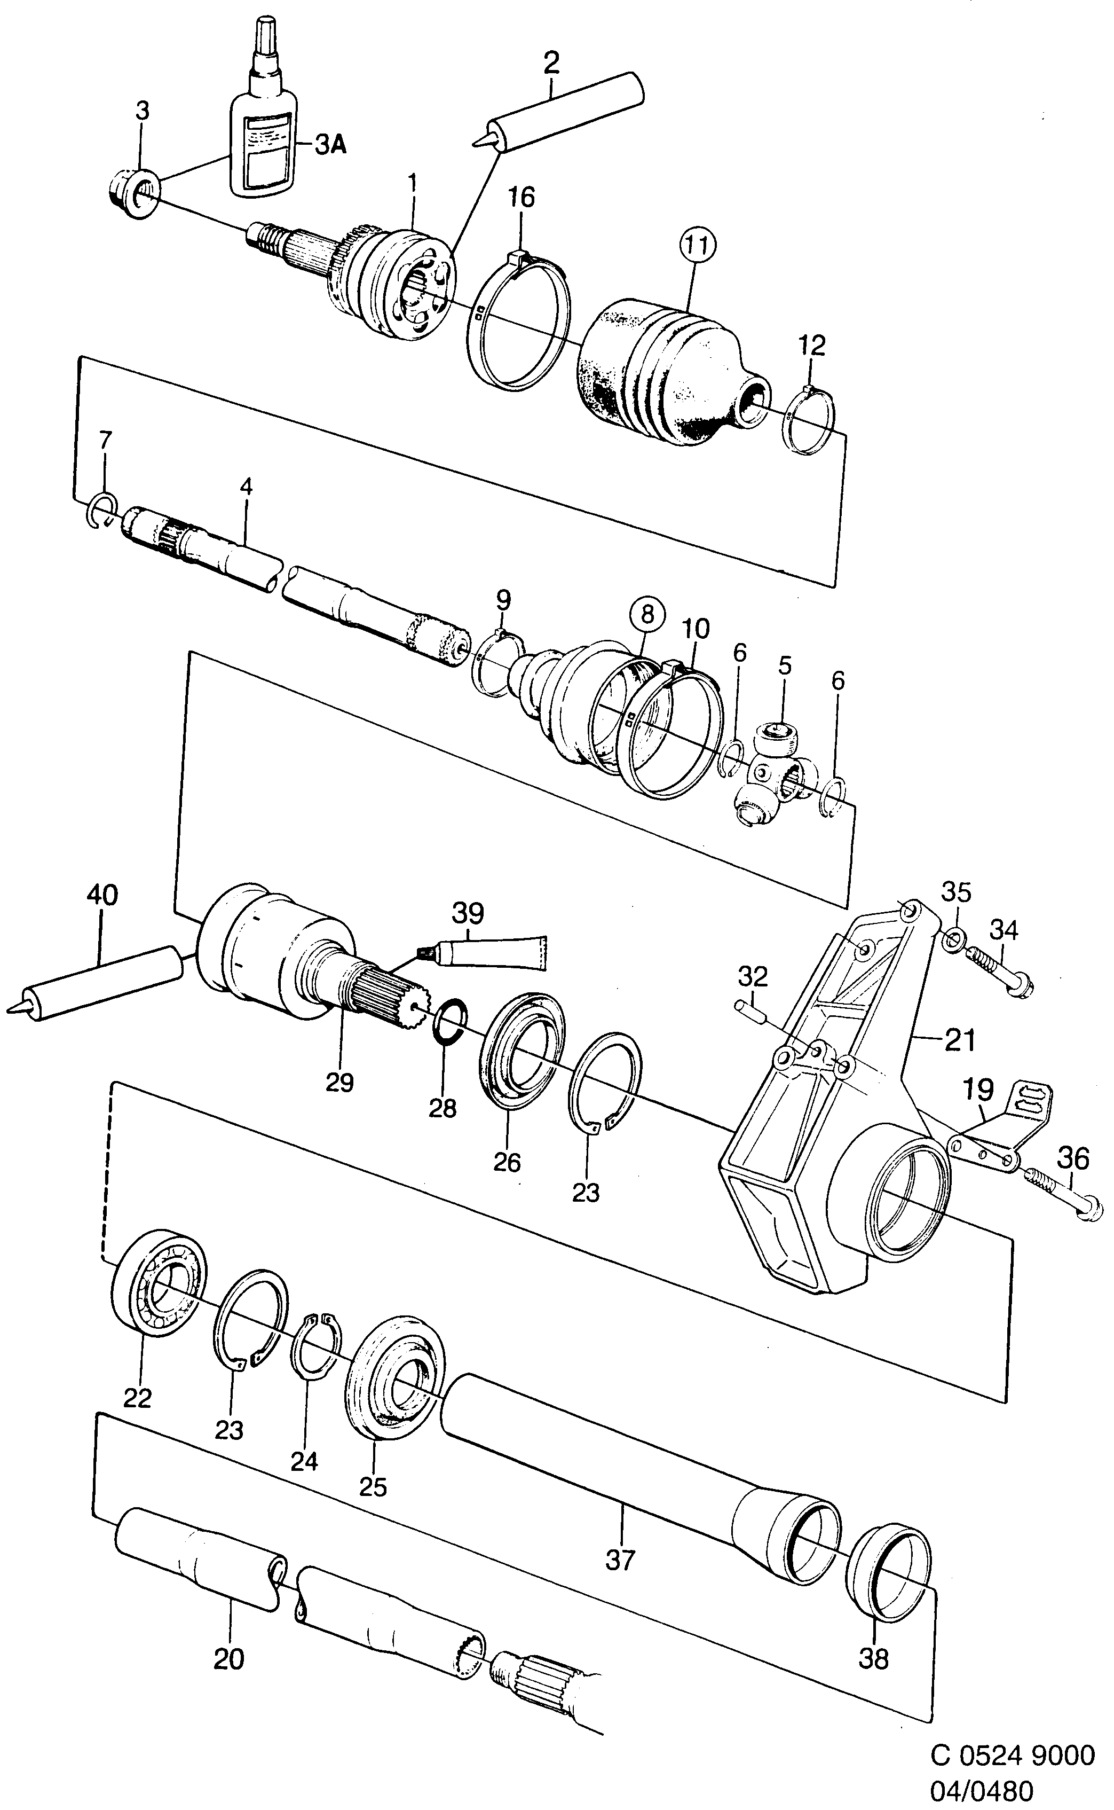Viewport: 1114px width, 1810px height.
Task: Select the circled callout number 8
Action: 646,614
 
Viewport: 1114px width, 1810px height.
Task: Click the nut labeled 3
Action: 132,193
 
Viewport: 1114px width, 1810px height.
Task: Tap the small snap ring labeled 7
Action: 103,510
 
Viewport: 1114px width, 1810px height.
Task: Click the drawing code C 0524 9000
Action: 1013,1756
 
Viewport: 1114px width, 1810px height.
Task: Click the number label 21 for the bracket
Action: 959,1040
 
